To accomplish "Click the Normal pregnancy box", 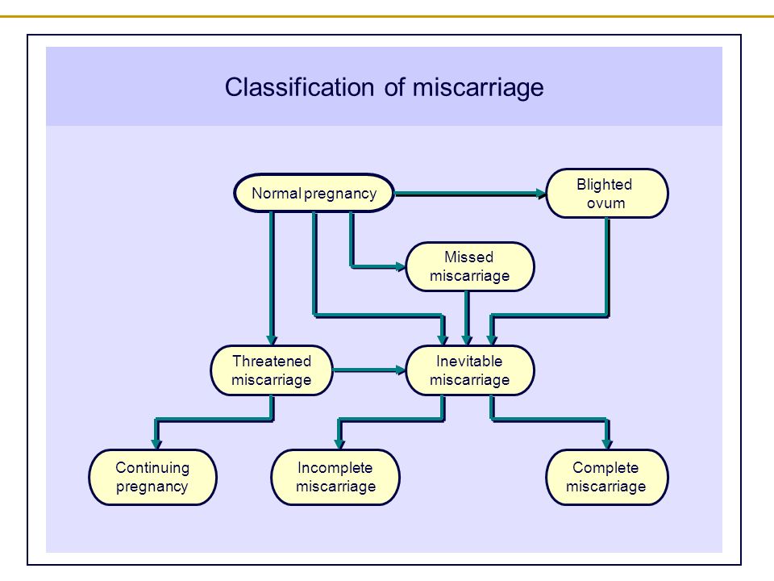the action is pyautogui.click(x=314, y=193).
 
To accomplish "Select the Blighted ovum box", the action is pyautogui.click(x=607, y=193).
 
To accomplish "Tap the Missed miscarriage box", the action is pyautogui.click(x=469, y=267).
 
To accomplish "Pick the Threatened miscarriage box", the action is pyautogui.click(x=272, y=370).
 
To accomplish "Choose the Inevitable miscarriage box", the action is pyautogui.click(x=469, y=370).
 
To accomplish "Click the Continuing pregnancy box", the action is pyautogui.click(x=152, y=477).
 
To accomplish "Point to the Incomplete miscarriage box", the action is pyautogui.click(x=335, y=477).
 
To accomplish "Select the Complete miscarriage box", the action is pyautogui.click(x=606, y=477).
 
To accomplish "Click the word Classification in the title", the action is pyautogui.click(x=300, y=87).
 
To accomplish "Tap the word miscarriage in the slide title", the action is pyautogui.click(x=478, y=88).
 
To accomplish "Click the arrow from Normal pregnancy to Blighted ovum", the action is pyautogui.click(x=470, y=194).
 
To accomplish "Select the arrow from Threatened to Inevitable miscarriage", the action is pyautogui.click(x=369, y=370).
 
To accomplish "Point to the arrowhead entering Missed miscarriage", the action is pyautogui.click(x=401, y=267).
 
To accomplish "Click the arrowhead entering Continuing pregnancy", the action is pyautogui.click(x=156, y=443).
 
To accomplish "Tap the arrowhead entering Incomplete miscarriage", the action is pyautogui.click(x=339, y=443).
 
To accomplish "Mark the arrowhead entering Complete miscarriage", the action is pyautogui.click(x=607, y=443).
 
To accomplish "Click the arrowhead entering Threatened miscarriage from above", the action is pyautogui.click(x=272, y=340).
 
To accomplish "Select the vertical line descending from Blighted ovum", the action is pyautogui.click(x=607, y=267).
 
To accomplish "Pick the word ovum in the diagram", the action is pyautogui.click(x=605, y=203).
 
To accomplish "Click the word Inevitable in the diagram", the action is pyautogui.click(x=469, y=362).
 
